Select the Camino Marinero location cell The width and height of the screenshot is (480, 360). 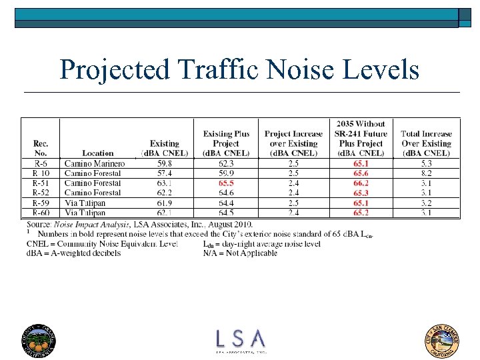(x=94, y=163)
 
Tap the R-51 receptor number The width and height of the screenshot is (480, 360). (x=40, y=183)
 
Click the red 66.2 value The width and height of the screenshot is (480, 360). (x=361, y=183)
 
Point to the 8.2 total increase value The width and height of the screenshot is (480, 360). (x=426, y=173)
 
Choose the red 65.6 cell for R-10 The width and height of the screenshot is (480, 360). (x=361, y=173)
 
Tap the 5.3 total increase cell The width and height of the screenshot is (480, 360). (x=426, y=163)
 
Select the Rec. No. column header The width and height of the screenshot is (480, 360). (x=40, y=148)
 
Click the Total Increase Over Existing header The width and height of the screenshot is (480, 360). (x=426, y=143)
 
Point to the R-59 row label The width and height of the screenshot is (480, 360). (x=40, y=203)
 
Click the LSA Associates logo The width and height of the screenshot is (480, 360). (x=240, y=340)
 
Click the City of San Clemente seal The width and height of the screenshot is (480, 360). (x=443, y=339)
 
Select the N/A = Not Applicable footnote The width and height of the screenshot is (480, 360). (x=239, y=253)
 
